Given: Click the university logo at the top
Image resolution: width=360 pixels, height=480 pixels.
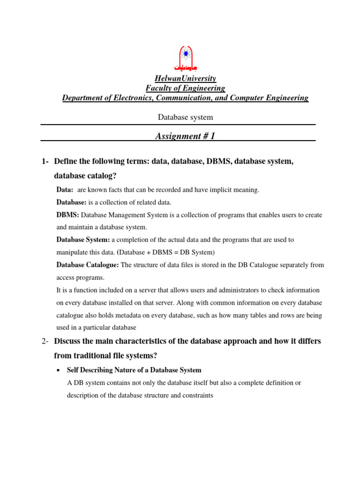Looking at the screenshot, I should [x=185, y=58].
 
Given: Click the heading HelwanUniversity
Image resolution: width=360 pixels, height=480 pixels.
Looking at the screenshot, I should [x=185, y=78].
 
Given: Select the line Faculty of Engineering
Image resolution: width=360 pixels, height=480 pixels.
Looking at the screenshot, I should [x=185, y=88].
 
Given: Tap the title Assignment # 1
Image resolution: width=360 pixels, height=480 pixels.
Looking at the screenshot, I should [x=185, y=136].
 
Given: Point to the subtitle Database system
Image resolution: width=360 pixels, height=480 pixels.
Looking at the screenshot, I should [x=185, y=117].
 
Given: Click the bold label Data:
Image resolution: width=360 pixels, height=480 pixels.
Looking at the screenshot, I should [x=65, y=190].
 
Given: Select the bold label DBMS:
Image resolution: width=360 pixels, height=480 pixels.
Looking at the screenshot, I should [x=68, y=215].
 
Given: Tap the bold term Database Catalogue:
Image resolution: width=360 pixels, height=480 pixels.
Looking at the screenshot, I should [x=88, y=265].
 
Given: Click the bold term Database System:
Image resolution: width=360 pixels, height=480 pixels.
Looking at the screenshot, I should [x=83, y=240].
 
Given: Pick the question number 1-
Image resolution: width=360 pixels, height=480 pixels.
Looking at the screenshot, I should [x=45, y=162].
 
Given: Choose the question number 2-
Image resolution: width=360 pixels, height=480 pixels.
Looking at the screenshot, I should [x=45, y=341].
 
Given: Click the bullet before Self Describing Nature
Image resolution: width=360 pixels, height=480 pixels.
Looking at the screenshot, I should [x=58, y=370].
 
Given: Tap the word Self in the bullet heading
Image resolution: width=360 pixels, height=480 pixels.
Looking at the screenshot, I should [x=73, y=370].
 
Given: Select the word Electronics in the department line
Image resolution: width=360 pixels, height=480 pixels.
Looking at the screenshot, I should [x=133, y=98].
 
